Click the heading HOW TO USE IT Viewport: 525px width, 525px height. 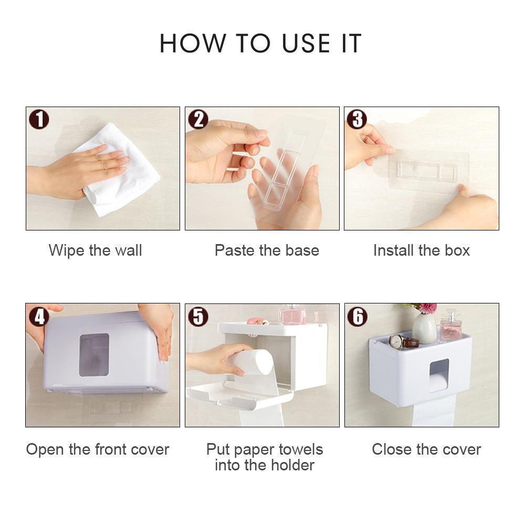pos(261,44)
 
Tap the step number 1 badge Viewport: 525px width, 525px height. pos(39,120)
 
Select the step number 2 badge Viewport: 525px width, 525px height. pos(198,120)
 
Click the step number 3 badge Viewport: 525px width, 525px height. pos(357,120)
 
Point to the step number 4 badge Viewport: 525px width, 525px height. pos(39,316)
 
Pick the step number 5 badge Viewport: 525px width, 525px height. pos(198,316)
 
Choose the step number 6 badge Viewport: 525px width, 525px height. pos(357,316)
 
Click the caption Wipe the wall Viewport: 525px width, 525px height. pos(95,250)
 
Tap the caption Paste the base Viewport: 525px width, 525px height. pos(267,250)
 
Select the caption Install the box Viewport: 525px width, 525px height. pos(421,250)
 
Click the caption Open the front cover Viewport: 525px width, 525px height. pos(98,449)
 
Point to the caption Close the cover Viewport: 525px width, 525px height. pos(426,449)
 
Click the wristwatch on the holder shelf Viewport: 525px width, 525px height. pos(403,342)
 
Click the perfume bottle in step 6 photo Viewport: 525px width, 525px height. pos(451,327)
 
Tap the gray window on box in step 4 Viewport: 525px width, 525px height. pos(94,355)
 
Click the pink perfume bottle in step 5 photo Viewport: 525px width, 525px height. pos(291,315)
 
